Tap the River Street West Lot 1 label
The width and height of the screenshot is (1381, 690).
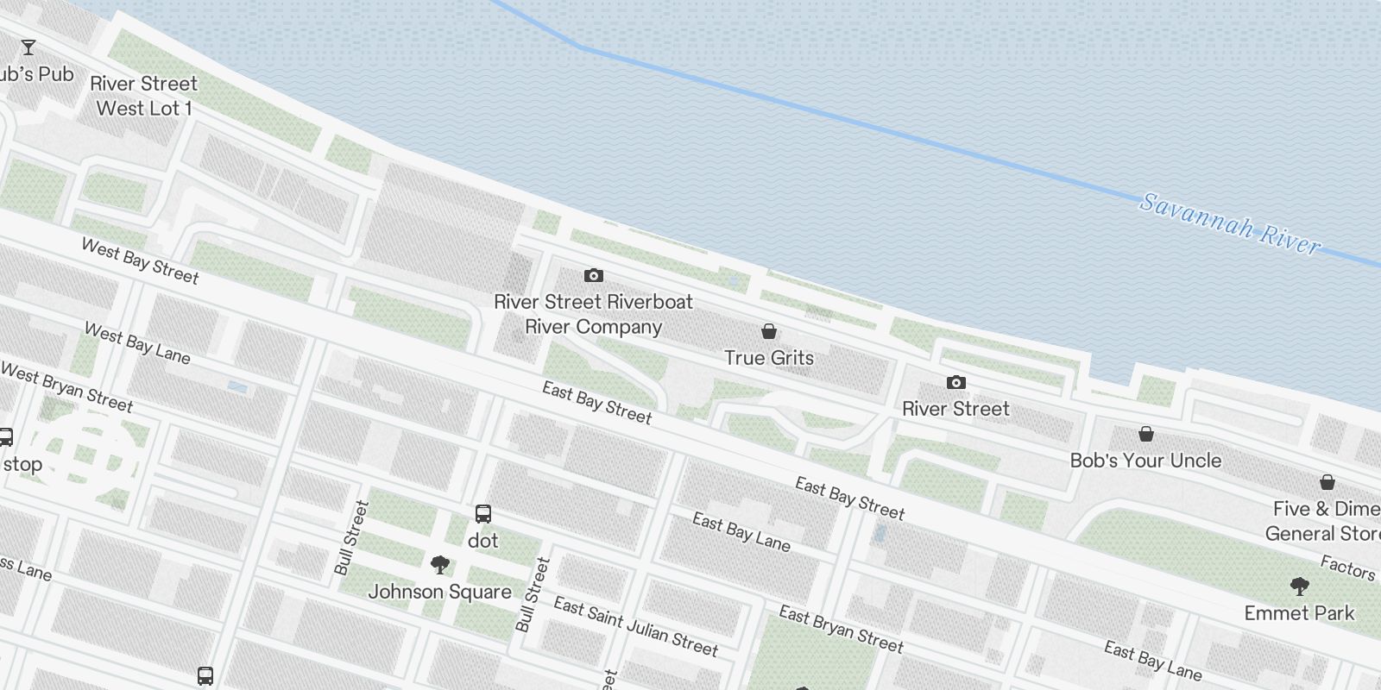144,96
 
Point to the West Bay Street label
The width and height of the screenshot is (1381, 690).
140,260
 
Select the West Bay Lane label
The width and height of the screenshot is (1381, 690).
137,343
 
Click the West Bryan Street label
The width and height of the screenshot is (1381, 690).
66,387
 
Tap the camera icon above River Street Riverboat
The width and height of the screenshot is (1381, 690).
594,276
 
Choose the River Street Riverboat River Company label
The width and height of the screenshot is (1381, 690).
594,314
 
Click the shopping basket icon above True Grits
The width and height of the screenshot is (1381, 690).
769,331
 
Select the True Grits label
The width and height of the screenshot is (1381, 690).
769,357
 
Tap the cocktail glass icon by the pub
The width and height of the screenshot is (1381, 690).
28,47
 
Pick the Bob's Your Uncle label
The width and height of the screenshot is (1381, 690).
1145,461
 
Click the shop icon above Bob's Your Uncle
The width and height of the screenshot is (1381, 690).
1146,434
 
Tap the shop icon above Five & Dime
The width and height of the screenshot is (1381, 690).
1327,482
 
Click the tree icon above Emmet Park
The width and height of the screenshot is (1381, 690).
1300,587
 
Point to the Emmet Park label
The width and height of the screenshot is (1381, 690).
1300,613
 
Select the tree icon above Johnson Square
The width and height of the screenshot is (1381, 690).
440,566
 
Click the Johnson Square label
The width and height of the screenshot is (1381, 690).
440,592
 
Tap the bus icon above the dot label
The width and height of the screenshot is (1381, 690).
483,515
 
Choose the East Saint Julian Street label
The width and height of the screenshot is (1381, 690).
635,626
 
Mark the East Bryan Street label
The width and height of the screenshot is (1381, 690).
841,629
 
